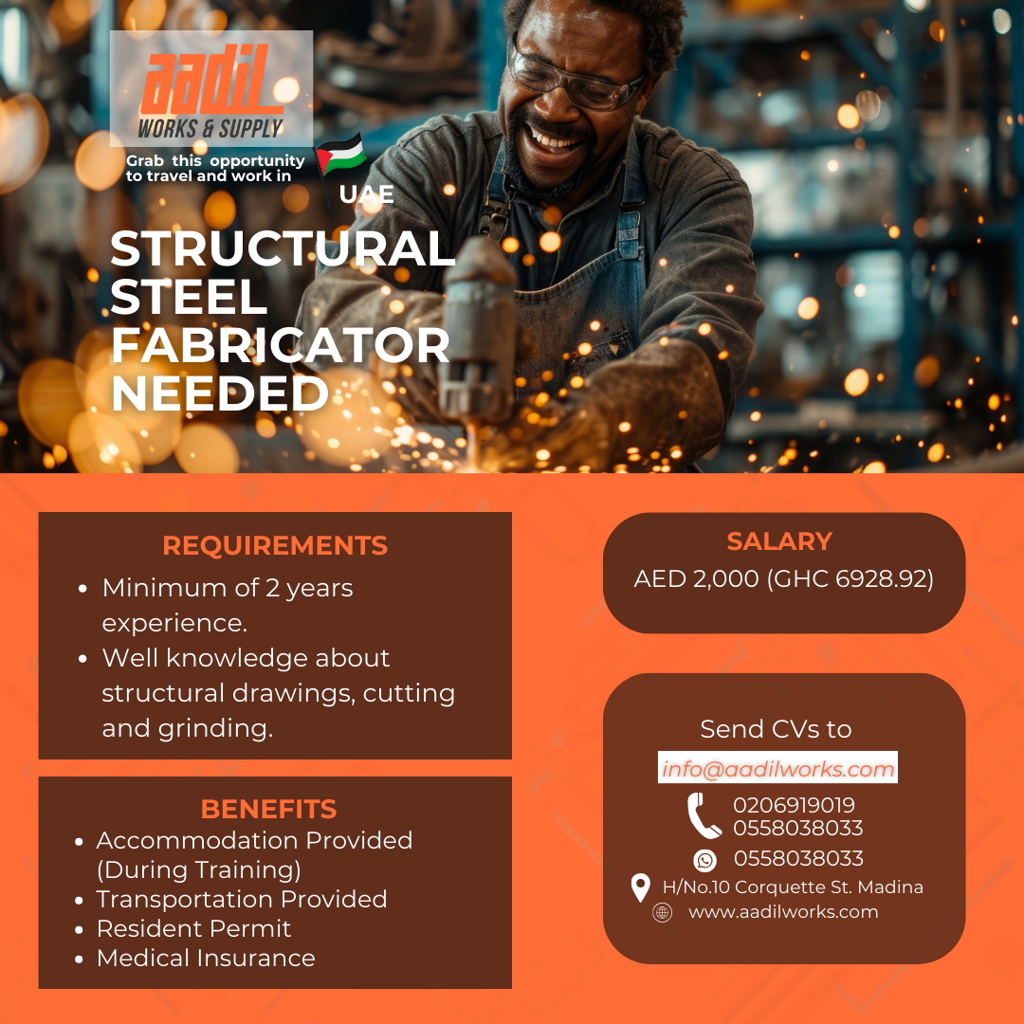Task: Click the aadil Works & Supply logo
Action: click(210, 88)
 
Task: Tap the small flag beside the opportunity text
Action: click(340, 155)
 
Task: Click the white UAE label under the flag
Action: click(366, 194)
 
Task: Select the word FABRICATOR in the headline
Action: click(281, 345)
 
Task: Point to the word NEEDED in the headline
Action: click(220, 393)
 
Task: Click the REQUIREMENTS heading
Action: click(275, 545)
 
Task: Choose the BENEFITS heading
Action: click(268, 809)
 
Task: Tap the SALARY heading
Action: click(779, 541)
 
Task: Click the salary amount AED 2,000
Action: click(696, 578)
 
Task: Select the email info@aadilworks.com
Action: click(777, 769)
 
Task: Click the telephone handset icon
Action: click(704, 815)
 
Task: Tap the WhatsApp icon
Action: click(704, 860)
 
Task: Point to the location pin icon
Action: click(641, 887)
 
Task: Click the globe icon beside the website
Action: click(662, 912)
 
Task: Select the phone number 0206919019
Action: click(795, 805)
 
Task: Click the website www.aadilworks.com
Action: click(783, 912)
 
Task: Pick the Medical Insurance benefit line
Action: click(206, 958)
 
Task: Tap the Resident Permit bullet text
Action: click(193, 928)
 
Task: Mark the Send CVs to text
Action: click(776, 729)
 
